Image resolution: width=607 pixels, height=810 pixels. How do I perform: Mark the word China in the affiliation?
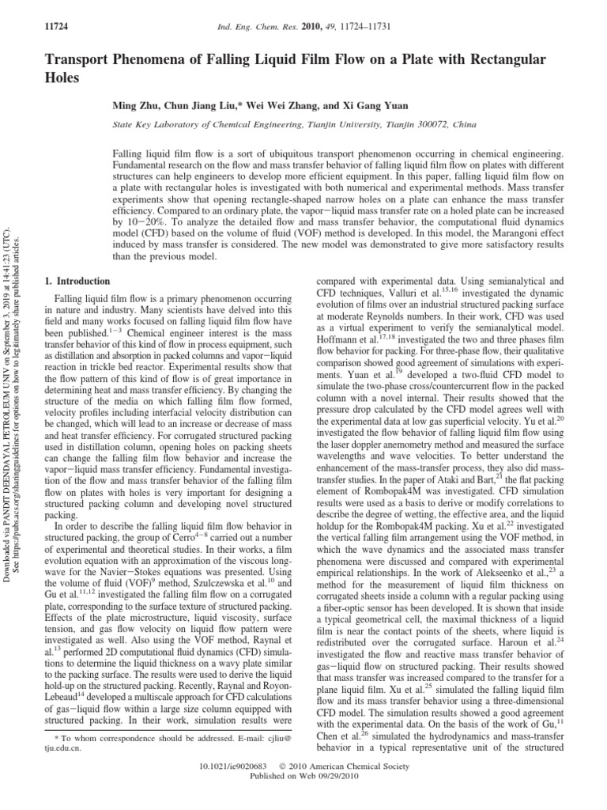pos(463,125)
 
